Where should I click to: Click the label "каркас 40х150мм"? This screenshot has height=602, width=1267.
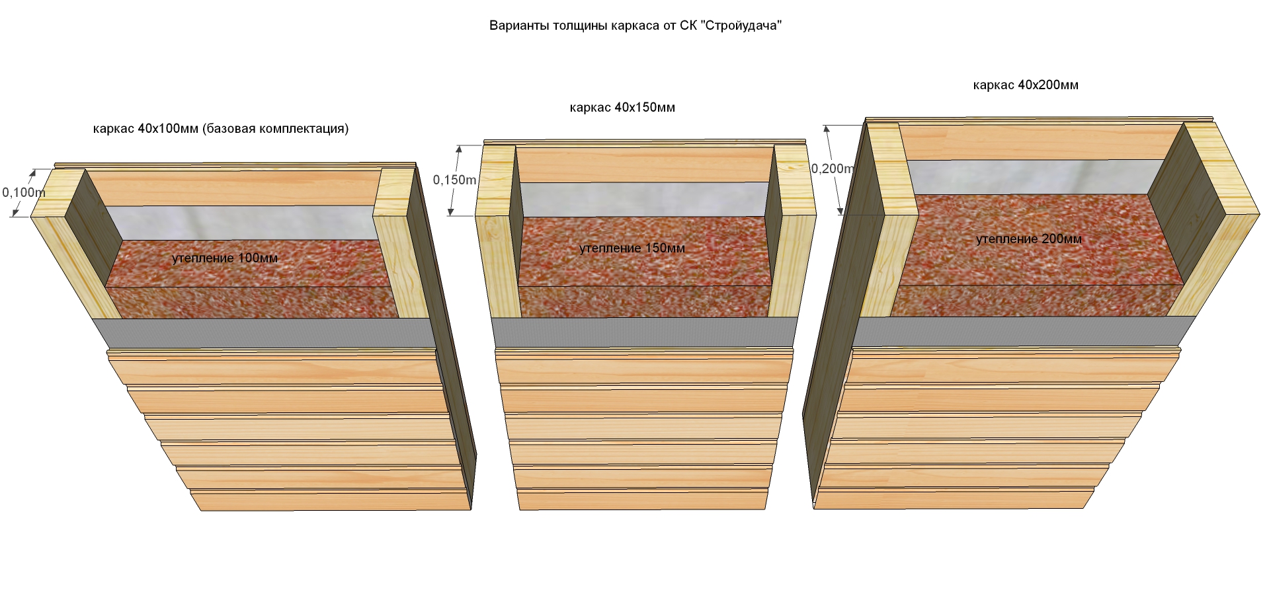click(622, 107)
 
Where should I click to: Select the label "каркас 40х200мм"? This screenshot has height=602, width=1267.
click(1026, 85)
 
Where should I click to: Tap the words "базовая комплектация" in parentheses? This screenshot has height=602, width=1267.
click(275, 128)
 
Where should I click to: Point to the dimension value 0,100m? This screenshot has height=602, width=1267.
click(24, 193)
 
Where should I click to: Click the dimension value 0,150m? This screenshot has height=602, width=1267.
click(454, 180)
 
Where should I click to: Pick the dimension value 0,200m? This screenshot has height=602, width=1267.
click(833, 169)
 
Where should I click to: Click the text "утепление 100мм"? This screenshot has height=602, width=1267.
click(225, 258)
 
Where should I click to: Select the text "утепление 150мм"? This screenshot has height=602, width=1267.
click(632, 248)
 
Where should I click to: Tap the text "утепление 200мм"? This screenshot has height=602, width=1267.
click(1029, 239)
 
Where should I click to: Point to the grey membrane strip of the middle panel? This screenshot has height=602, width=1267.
click(643, 332)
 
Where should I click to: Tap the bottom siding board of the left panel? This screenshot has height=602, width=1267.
click(331, 500)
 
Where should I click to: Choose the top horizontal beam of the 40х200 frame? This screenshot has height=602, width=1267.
click(1042, 142)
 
